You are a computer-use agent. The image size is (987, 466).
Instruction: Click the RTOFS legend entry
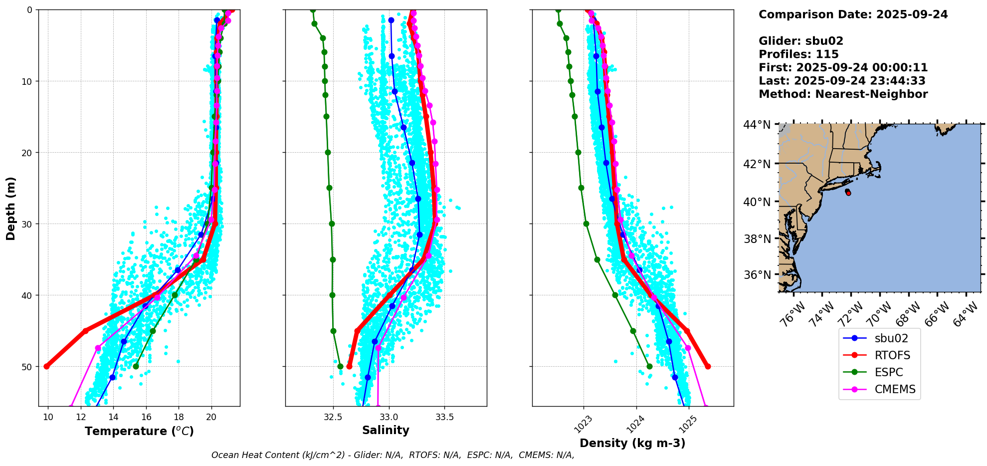tap(892, 355)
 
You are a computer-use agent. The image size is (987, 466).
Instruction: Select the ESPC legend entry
tap(888, 372)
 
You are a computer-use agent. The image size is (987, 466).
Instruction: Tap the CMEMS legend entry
tap(895, 389)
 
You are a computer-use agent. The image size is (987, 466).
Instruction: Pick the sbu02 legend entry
tap(891, 338)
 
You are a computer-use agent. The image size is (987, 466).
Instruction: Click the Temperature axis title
tap(139, 431)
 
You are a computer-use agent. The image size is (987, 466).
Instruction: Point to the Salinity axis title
tap(386, 430)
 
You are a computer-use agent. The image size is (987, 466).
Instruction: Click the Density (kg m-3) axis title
tap(632, 443)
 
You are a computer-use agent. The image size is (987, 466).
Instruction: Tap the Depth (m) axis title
tap(11, 208)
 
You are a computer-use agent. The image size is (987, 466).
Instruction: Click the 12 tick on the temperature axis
tap(81, 417)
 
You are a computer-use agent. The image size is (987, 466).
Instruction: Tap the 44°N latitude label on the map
tap(757, 125)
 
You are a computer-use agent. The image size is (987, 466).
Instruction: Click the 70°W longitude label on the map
tap(879, 315)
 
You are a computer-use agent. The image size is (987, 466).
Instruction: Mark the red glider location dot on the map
tap(848, 193)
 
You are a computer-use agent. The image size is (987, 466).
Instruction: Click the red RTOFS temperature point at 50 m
tap(47, 366)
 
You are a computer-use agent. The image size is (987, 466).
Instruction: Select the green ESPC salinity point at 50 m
tap(340, 366)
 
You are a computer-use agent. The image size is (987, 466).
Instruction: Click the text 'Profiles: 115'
tap(798, 54)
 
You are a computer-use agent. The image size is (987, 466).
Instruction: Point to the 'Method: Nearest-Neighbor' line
tap(843, 94)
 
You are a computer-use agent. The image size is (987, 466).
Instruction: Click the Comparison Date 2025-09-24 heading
tap(853, 14)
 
